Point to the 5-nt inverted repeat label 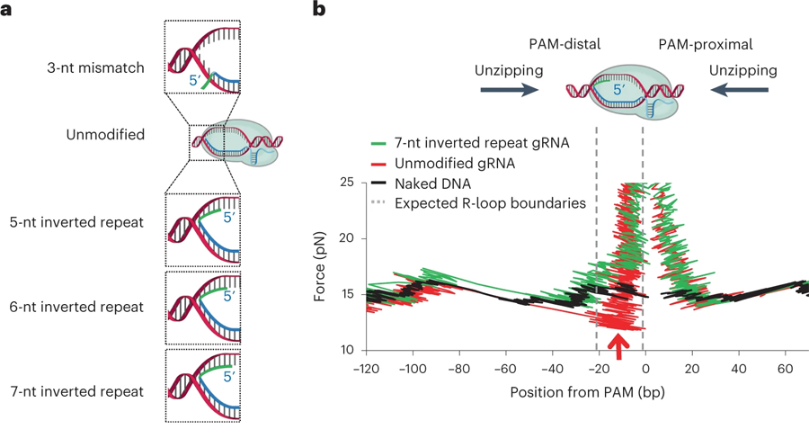click(x=99, y=220)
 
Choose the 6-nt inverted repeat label click(x=99, y=306)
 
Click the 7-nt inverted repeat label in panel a click(x=99, y=392)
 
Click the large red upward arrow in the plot click(x=618, y=344)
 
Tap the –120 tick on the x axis click(x=364, y=370)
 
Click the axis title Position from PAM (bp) click(x=585, y=393)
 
